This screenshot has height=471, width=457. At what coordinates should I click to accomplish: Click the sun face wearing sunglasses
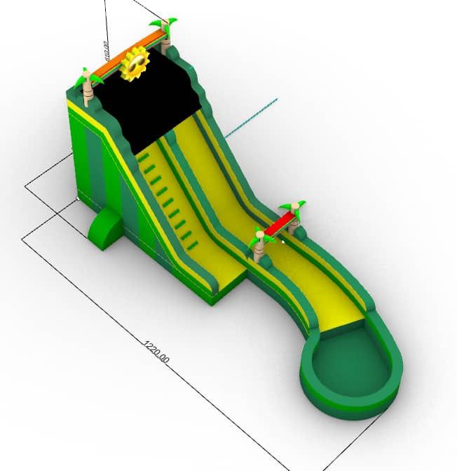point(135,64)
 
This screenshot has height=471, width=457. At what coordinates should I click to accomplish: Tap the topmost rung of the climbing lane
point(144,159)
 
